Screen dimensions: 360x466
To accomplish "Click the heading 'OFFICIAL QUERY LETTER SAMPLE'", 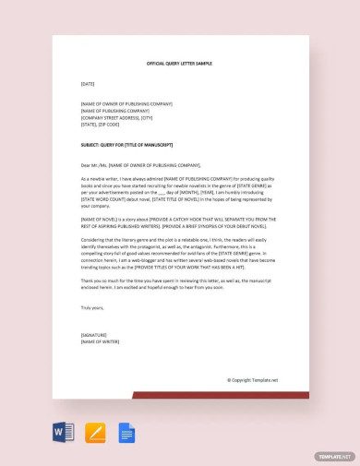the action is [179, 64].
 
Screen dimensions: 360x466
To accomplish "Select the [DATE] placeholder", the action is [88, 84].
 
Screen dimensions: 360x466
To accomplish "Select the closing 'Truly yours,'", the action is [92, 307].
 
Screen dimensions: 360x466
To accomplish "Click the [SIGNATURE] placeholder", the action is [93, 335].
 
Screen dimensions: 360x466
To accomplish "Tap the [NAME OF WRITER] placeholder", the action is [101, 341].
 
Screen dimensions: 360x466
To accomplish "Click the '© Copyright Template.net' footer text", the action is [252, 379].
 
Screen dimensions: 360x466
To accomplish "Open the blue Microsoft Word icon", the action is [63, 432].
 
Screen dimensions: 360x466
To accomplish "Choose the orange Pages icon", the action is [95, 432].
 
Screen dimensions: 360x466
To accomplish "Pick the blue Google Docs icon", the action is [126, 432].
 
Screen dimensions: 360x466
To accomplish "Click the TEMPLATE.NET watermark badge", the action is [333, 456].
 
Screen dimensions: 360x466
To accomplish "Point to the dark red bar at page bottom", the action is [222, 395].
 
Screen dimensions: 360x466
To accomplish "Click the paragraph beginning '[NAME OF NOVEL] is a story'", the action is [179, 222].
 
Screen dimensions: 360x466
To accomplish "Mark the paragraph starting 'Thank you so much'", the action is [179, 283].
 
